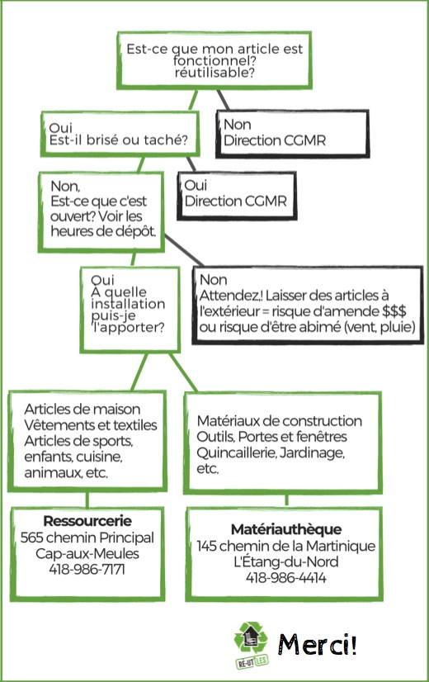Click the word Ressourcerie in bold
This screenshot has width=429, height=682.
(x=87, y=521)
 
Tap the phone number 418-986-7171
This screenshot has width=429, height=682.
(x=87, y=569)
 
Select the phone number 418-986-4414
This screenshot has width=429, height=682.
(x=286, y=578)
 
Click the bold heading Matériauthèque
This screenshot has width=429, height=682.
(x=286, y=529)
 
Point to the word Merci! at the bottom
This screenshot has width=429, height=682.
(x=318, y=644)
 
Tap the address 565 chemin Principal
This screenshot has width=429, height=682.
(x=87, y=538)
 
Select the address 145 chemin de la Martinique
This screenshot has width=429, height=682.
(x=286, y=546)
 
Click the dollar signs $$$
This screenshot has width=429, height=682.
(x=394, y=311)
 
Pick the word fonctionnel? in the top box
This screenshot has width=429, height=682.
(x=214, y=60)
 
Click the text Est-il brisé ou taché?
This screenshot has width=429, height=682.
(x=118, y=140)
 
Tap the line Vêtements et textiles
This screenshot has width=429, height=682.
(x=91, y=425)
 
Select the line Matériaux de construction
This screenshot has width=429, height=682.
(x=280, y=421)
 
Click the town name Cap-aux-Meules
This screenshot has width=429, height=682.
(x=87, y=553)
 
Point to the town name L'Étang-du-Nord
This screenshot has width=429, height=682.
(x=286, y=561)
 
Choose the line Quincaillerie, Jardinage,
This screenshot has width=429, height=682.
(x=271, y=452)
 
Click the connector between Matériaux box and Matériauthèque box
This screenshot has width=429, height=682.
(x=286, y=500)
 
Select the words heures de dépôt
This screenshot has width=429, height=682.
(x=103, y=231)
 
